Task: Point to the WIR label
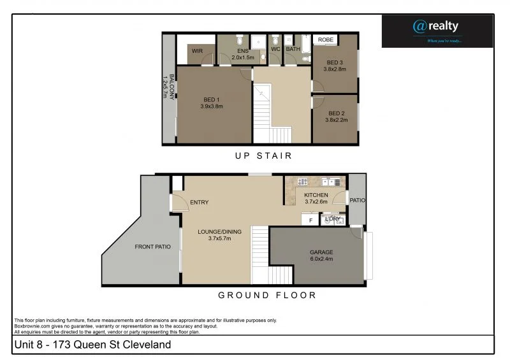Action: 197,50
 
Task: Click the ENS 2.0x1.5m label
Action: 242,54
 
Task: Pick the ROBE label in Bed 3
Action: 326,40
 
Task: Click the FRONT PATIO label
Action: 152,247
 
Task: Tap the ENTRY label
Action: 199,203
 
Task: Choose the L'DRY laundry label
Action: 332,219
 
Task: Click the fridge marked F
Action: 310,220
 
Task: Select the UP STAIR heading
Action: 263,155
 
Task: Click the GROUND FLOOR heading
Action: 267,295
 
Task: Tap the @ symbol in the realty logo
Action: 419,26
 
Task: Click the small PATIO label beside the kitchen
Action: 357,200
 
